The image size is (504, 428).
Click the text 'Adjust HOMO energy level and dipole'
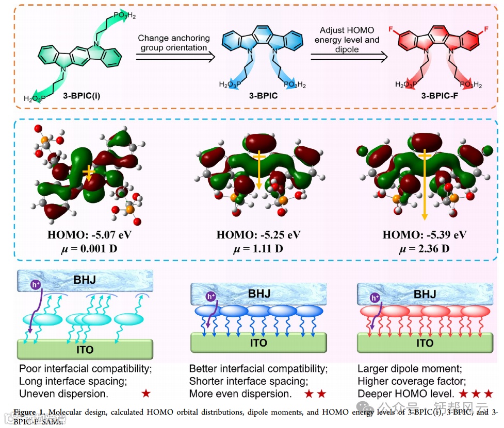coord(349,40)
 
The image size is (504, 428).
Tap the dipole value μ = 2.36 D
coord(425,249)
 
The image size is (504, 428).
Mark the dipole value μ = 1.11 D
coord(258,249)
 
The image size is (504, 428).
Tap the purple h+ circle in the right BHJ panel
coord(375,297)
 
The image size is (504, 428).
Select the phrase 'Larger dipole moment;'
coord(402,369)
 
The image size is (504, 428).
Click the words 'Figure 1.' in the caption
coord(28,412)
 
